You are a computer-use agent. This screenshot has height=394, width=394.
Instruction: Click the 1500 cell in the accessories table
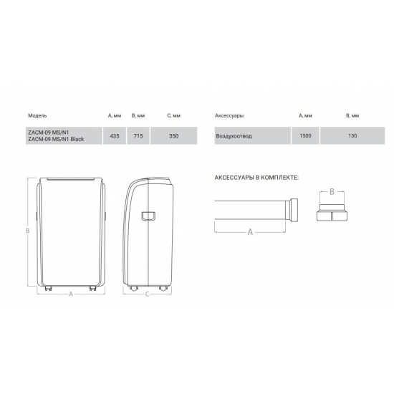click(x=305, y=135)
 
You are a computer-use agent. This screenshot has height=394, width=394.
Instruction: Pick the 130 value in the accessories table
click(x=352, y=135)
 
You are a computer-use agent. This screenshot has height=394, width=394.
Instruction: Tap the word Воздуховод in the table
click(x=233, y=135)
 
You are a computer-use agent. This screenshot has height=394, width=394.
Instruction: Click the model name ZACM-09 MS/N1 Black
click(x=55, y=139)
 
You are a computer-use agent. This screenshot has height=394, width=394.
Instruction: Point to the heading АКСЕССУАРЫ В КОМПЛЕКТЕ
click(x=256, y=177)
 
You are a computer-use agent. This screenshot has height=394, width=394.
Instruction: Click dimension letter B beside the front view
click(x=27, y=231)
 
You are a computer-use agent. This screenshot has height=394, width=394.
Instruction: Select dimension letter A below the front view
click(x=71, y=294)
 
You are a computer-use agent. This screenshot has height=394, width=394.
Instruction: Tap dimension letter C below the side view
click(x=146, y=294)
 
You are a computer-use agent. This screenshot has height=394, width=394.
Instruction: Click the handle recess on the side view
click(x=148, y=215)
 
